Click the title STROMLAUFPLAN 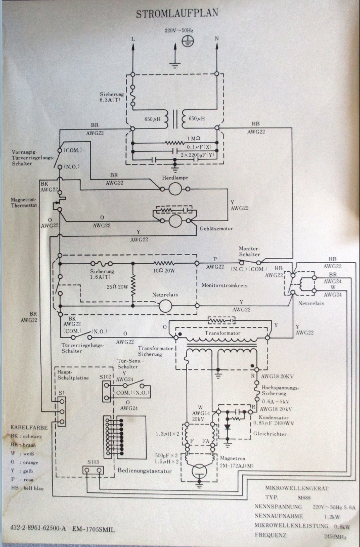tap(177, 14)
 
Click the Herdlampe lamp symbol tap(175, 189)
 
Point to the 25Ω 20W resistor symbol tap(133, 286)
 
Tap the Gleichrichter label tap(269, 434)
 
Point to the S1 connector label tap(61, 392)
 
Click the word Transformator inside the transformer tap(222, 334)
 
